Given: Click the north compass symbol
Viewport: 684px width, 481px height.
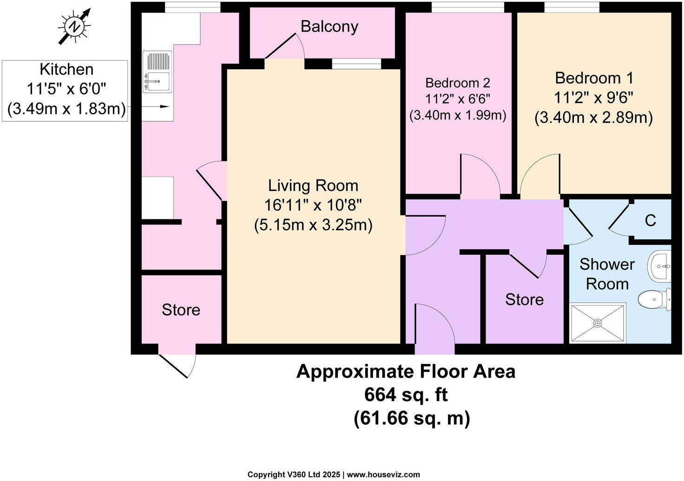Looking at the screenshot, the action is click(74, 27).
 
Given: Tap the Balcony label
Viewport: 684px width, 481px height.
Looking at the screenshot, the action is click(329, 26).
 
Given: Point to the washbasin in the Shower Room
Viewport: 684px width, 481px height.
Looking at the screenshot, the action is click(659, 266).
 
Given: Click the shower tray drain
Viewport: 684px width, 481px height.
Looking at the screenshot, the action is click(598, 323).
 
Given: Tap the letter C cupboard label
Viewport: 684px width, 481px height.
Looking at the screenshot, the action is click(651, 220).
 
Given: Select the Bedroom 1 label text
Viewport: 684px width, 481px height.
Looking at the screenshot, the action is click(594, 78).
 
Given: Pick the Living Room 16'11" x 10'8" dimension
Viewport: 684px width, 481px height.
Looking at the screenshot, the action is click(313, 205).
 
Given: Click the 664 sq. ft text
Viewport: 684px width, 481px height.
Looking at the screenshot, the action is click(406, 395).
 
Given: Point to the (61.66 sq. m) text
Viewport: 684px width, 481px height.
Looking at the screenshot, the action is click(412, 418).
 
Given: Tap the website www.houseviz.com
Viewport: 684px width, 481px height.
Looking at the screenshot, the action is click(383, 474).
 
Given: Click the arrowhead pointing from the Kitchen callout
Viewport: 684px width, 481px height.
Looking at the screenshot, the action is click(164, 106).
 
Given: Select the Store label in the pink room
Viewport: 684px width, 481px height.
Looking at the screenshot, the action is click(181, 310).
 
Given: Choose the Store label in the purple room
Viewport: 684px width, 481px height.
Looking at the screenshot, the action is click(524, 300).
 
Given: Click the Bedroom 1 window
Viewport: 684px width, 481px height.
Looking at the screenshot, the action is click(572, 7).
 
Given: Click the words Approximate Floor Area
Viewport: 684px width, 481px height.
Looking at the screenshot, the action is click(406, 372).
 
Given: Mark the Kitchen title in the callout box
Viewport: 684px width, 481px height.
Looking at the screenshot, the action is click(66, 69).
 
